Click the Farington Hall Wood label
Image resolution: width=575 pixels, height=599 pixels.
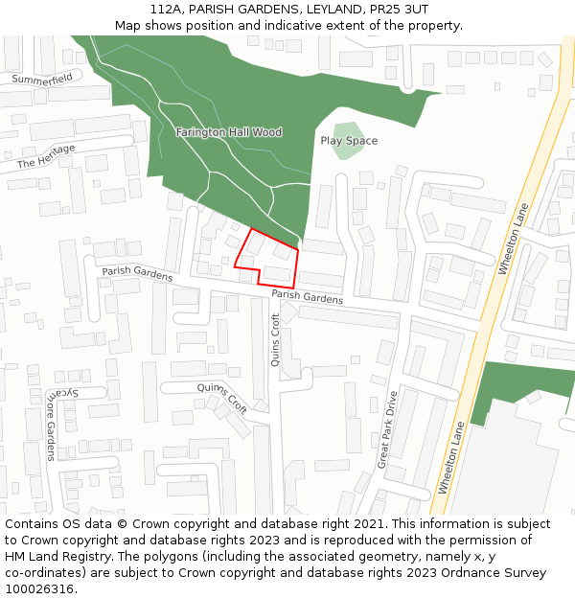click(229, 132)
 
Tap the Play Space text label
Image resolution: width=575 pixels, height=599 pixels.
click(349, 141)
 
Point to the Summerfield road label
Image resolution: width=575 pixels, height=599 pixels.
click(42, 79)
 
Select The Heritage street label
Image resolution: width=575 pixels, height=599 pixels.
click(46, 158)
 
